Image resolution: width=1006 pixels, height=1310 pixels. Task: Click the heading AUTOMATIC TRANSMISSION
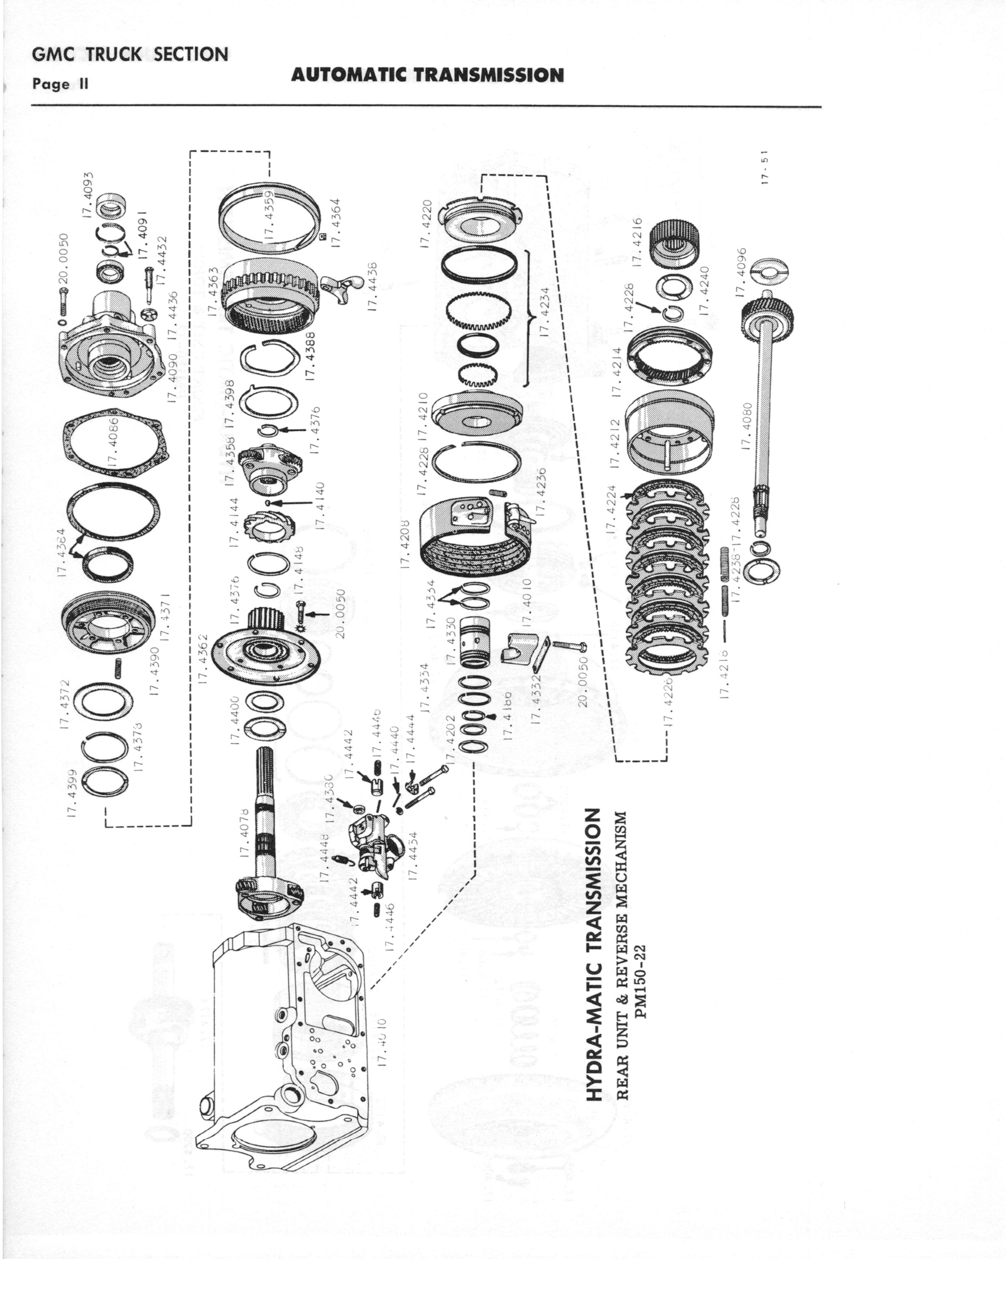427,75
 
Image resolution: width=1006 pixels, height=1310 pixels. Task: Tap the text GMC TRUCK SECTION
130,54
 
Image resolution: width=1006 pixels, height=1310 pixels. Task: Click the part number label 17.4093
88,195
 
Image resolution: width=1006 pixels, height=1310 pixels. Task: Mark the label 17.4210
423,416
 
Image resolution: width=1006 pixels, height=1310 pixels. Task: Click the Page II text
60,84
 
